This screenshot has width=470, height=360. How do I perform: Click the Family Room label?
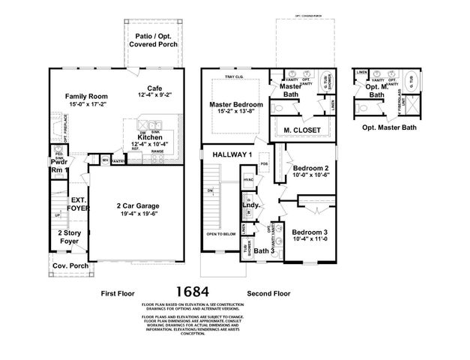[86, 97]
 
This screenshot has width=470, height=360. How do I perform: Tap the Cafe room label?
[155, 88]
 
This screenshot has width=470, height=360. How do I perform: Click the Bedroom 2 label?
[310, 168]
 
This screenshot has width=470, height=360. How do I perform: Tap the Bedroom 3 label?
[310, 232]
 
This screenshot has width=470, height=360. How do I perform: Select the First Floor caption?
[121, 294]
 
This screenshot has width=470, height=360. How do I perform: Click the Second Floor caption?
[268, 294]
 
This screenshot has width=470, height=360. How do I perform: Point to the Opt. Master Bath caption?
[388, 127]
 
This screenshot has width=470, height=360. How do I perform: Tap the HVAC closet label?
[248, 180]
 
